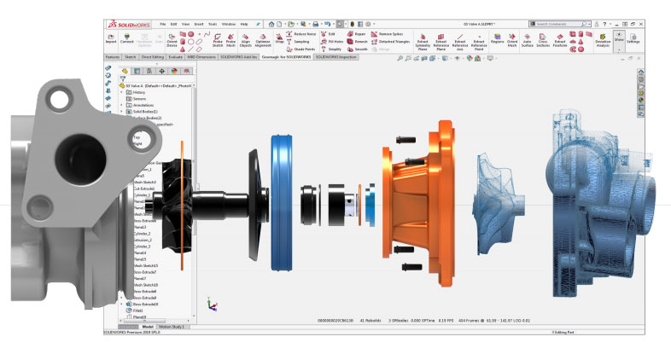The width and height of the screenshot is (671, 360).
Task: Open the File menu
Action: click(x=174, y=24)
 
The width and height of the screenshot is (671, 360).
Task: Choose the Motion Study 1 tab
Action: click(x=172, y=327)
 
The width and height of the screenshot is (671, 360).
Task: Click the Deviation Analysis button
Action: click(x=603, y=39)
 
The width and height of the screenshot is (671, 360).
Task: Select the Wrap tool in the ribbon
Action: click(x=279, y=39)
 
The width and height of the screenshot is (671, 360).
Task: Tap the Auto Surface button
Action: click(x=527, y=39)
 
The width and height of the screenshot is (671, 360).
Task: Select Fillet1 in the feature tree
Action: click(x=141, y=310)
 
